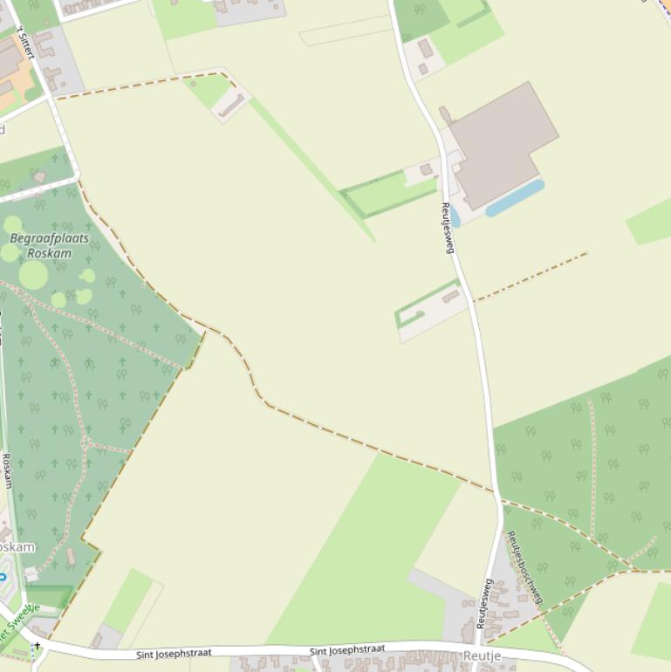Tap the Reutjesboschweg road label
(525, 568)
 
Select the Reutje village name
(483, 655)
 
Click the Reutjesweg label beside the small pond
(448, 228)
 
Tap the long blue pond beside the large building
(515, 198)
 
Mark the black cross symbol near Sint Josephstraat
(37, 646)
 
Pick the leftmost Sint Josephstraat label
(174, 653)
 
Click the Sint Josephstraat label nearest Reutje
(346, 650)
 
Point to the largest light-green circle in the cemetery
(33, 275)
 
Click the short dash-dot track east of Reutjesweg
(531, 276)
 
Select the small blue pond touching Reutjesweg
(455, 216)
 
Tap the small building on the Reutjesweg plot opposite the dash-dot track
(450, 297)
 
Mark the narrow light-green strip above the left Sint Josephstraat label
(128, 600)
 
